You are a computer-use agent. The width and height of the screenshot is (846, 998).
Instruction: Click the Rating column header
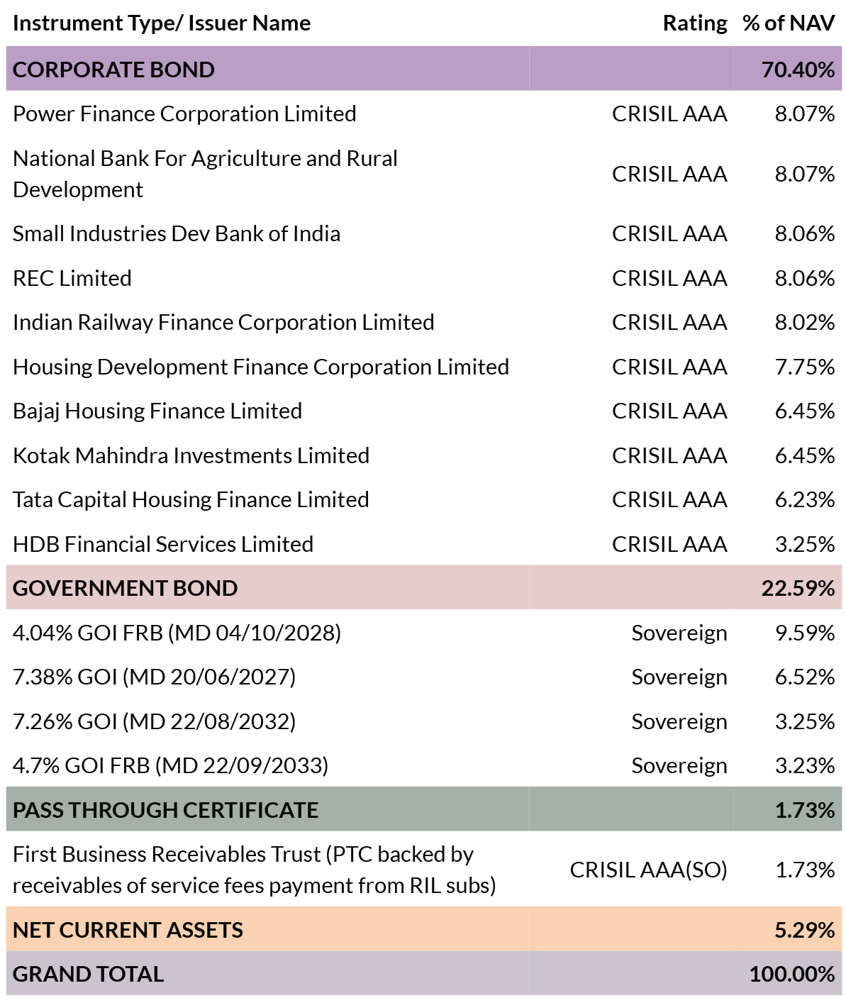pos(694,23)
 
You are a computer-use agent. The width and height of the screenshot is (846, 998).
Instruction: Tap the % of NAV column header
pos(789,23)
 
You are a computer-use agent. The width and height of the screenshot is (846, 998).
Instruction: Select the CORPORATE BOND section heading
pos(113,70)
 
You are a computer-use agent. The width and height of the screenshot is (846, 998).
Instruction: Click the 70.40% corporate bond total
pos(798,70)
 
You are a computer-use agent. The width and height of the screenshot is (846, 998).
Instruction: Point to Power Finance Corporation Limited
pos(184,114)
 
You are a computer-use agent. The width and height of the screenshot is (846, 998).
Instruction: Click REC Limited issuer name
pos(72,278)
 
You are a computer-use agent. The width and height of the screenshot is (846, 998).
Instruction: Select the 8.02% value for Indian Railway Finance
pos(804,323)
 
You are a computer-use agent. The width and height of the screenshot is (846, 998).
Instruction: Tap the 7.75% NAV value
pos(804,367)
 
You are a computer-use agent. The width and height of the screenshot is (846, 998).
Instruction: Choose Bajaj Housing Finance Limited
pos(157,411)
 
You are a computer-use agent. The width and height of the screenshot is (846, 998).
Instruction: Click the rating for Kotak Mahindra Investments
pos(669,455)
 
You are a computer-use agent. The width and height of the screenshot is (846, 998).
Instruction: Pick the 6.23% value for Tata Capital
pos(804,500)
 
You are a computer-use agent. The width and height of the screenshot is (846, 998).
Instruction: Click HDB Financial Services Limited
pos(163,544)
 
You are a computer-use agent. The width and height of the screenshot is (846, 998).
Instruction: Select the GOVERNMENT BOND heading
pos(125,588)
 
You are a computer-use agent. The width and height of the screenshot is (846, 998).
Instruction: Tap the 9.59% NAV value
pos(804,633)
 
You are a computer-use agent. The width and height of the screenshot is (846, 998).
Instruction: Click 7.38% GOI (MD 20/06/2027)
pos(154,677)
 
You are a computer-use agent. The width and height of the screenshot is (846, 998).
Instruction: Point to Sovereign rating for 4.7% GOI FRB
pos(679,766)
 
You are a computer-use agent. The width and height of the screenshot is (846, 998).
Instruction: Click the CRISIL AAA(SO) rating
pos(648,870)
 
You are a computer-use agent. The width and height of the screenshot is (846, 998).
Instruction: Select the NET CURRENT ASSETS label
pos(128,930)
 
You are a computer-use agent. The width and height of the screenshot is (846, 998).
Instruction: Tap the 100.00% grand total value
pos(792,975)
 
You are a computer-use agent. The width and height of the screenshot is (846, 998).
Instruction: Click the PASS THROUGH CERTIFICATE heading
pos(165,810)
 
